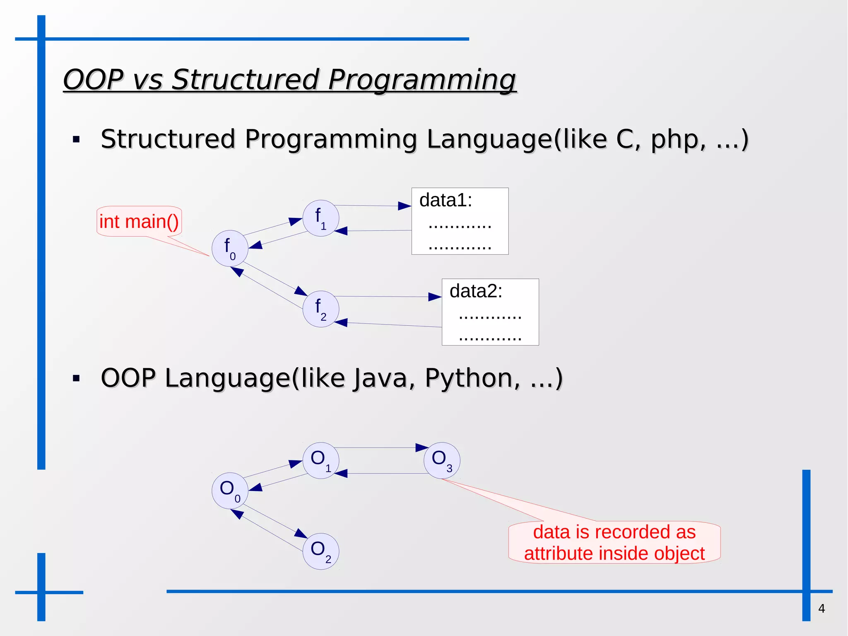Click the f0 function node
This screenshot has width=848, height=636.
(230, 249)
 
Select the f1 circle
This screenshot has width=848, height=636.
(321, 218)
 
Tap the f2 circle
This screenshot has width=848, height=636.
(321, 309)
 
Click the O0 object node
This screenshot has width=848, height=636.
(230, 491)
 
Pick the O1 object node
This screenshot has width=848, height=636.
(321, 460)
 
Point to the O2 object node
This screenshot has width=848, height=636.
(321, 551)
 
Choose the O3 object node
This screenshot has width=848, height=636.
(442, 460)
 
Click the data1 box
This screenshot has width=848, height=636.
(460, 221)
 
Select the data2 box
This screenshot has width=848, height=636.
(490, 312)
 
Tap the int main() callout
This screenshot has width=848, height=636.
(139, 221)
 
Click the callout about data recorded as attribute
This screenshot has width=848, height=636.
(614, 542)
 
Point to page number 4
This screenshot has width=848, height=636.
(821, 608)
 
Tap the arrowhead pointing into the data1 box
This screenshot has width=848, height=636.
(405, 206)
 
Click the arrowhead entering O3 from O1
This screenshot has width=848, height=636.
(422, 447)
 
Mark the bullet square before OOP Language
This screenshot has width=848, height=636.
(76, 378)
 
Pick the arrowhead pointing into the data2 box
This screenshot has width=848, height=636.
(435, 297)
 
